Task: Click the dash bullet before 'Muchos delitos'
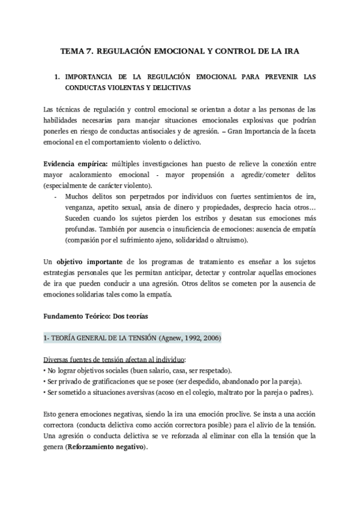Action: [x=56, y=196]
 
